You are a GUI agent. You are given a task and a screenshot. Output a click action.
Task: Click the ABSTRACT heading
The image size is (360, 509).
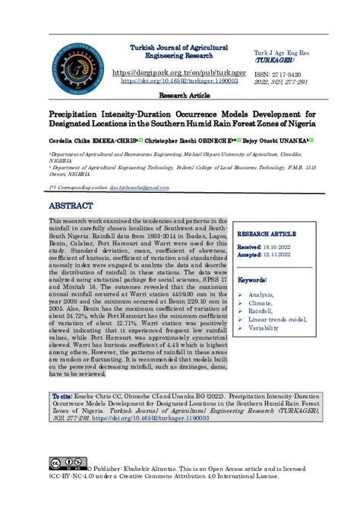click(71, 205)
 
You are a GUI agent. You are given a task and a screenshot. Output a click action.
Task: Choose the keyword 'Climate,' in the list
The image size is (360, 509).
click(262, 302)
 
